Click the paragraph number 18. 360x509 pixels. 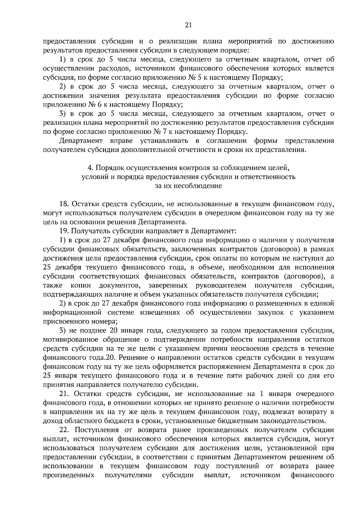[x=64, y=204]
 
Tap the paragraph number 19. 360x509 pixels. [x=64, y=231]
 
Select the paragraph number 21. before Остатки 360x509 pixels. [x=64, y=393]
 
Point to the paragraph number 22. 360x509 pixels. [x=65, y=430]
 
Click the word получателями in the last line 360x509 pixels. [x=128, y=475]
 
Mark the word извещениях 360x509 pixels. [x=160, y=312]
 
